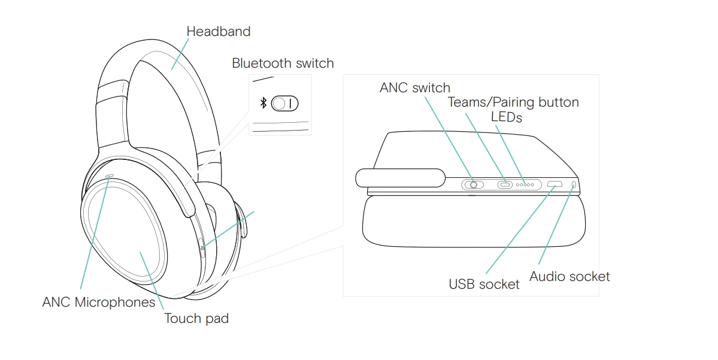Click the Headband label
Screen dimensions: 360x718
(x=218, y=31)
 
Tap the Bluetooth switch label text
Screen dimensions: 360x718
(x=283, y=63)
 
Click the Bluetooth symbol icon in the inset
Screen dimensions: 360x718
(x=263, y=104)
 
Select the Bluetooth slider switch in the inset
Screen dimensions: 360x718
(x=284, y=104)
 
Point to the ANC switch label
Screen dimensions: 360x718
(x=414, y=87)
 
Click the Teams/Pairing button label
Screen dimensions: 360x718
(x=513, y=102)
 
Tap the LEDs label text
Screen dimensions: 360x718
(x=506, y=117)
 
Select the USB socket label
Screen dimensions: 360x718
(x=484, y=283)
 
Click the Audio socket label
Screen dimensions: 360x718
(x=569, y=276)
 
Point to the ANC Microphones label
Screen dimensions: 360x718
(x=98, y=302)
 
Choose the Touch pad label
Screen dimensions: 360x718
(x=196, y=318)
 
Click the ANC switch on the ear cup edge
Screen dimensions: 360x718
(x=472, y=184)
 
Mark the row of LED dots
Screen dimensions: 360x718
(x=525, y=184)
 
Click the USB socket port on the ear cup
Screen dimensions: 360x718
(x=555, y=184)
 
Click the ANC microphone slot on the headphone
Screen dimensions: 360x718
(x=109, y=176)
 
